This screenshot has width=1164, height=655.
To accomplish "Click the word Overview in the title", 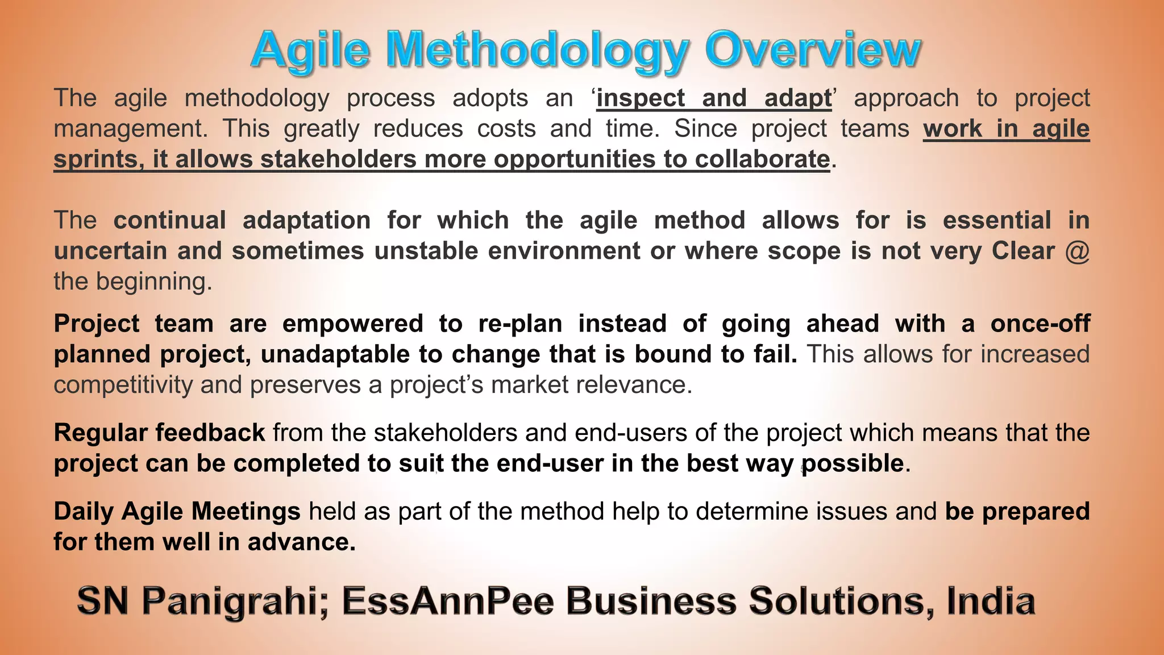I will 813,50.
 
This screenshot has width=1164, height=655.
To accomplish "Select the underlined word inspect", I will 641,98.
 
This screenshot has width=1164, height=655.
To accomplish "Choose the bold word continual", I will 170,221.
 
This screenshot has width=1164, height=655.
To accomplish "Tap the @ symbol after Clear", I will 1078,251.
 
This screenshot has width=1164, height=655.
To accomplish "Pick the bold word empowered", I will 353,324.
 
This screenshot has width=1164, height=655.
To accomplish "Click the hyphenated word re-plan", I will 520,324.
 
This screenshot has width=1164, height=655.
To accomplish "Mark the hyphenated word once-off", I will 1040,324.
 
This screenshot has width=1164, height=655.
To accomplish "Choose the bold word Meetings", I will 246,512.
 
